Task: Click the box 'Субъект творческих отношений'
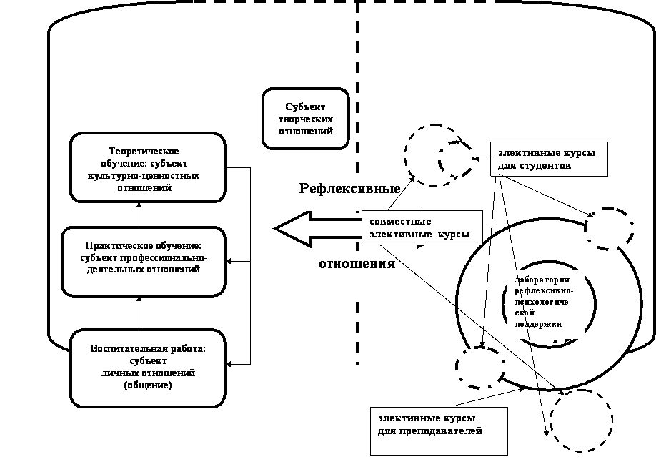(305, 119)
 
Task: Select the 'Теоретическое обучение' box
(147, 167)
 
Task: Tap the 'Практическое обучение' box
(143, 261)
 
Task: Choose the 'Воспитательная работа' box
(147, 367)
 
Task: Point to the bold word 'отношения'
(357, 263)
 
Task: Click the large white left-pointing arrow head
(294, 229)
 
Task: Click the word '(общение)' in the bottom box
(147, 385)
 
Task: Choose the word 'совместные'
(400, 221)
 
